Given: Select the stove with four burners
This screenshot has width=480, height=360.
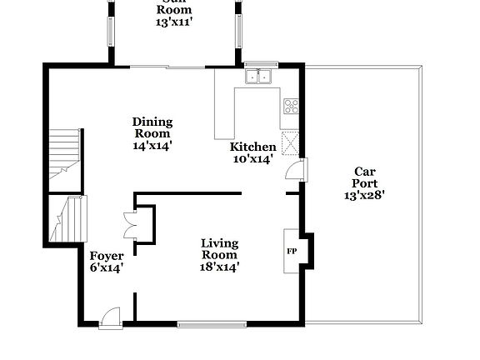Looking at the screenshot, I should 292,107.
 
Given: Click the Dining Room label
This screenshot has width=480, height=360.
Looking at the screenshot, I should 152,127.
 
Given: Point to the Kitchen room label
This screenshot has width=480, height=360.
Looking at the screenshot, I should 252,147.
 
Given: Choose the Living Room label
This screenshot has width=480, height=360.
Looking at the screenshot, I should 220,249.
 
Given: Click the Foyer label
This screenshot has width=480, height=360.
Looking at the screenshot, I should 107,256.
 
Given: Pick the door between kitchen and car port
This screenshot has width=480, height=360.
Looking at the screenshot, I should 296,170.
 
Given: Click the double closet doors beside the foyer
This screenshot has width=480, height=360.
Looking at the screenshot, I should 129,223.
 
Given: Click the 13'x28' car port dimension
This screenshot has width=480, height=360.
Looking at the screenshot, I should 364,196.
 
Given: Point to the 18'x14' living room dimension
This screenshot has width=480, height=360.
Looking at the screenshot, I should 220,267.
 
